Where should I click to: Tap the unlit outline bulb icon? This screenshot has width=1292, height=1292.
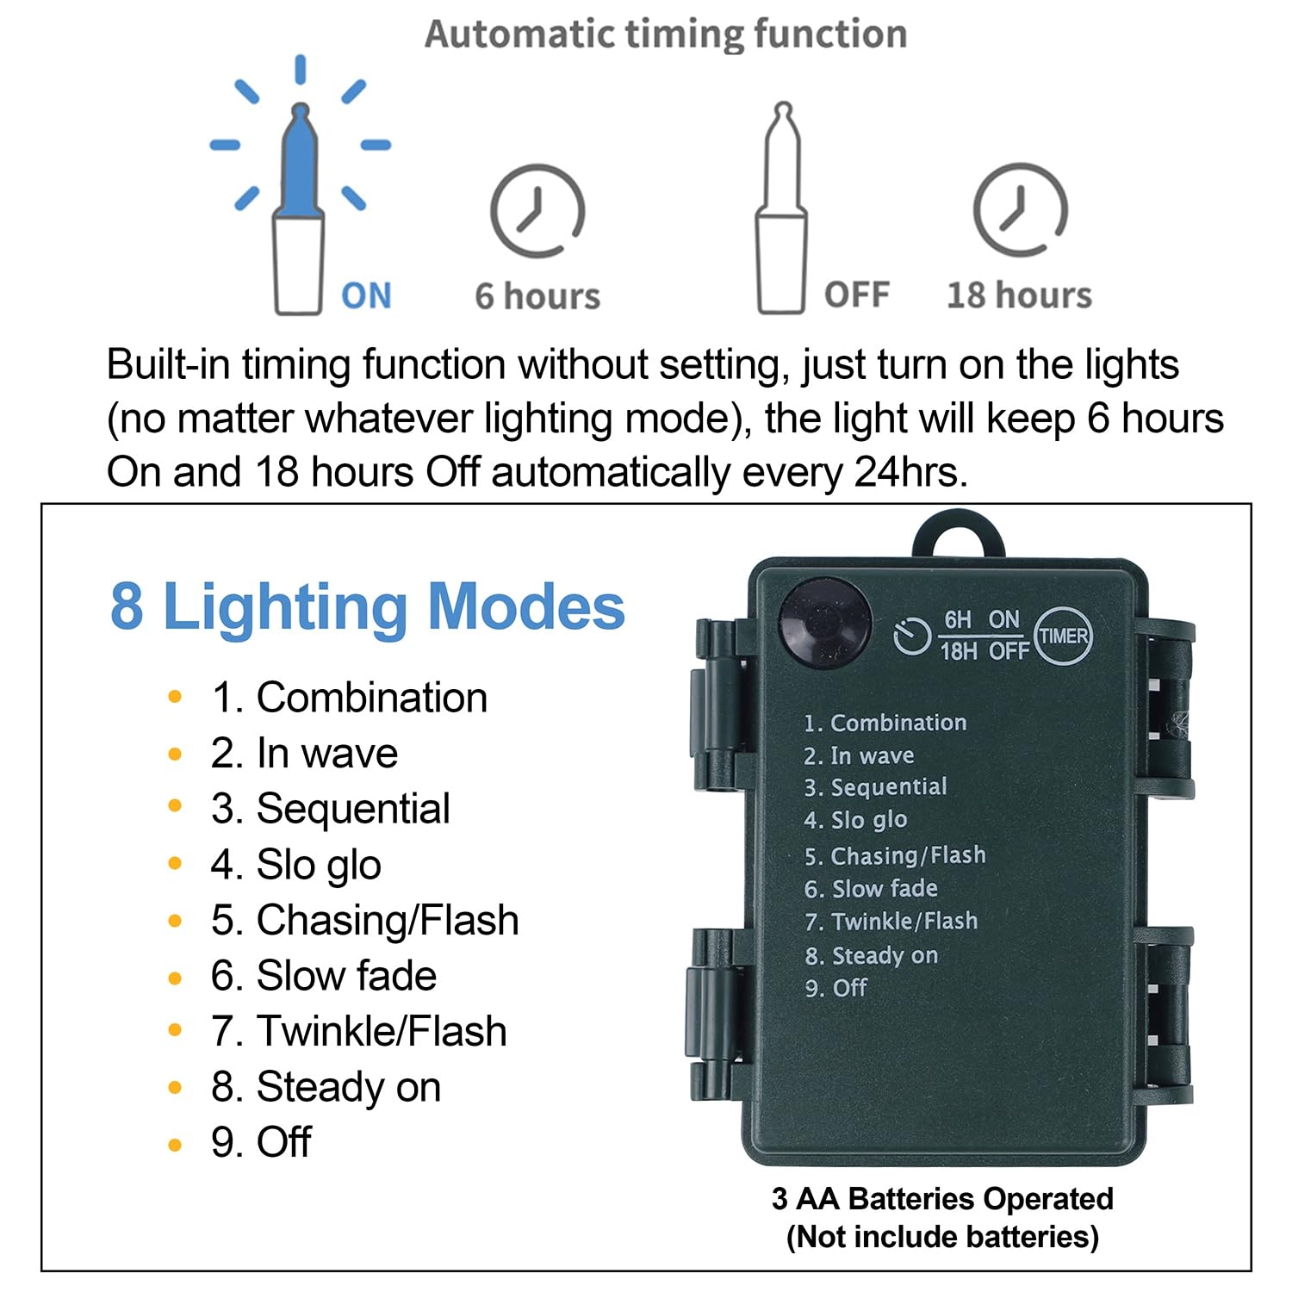coord(782,208)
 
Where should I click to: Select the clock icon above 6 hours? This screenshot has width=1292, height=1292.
coord(537,210)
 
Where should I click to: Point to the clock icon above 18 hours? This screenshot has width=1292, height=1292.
coord(1021,210)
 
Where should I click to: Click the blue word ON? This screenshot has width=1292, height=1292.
coord(366,295)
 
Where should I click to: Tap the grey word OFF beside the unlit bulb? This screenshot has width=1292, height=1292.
coord(856,295)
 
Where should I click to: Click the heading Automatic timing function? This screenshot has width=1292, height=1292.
coord(666,34)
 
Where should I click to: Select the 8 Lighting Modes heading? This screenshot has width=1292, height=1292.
coord(368,606)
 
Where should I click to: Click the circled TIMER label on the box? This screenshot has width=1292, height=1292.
coord(1063,637)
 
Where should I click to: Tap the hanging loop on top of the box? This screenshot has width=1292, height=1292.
coord(959,536)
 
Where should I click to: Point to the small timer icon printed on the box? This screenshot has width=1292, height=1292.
coord(911,637)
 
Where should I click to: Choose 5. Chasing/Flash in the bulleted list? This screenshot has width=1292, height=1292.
coord(365,920)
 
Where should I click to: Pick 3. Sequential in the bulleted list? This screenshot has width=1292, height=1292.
coord(331,809)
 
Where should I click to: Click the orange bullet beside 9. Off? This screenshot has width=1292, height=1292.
coord(176,1145)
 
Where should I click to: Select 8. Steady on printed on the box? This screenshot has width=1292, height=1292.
coord(871,955)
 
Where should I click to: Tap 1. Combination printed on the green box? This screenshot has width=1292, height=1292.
coord(885,723)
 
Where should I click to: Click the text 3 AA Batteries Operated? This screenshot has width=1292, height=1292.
coord(942,1198)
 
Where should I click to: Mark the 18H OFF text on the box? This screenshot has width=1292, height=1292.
coord(985,651)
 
